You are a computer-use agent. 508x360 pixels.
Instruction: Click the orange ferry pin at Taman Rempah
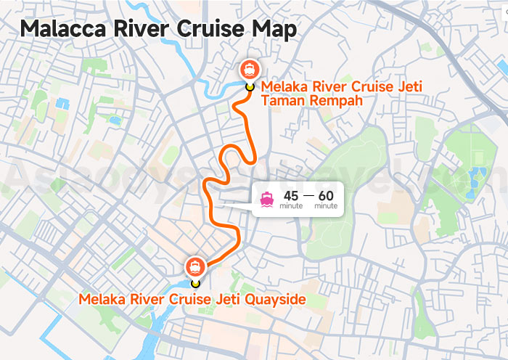(250, 69)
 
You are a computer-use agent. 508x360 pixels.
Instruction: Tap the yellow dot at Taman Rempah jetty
(250, 86)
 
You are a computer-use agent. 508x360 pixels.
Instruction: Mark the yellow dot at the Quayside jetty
(194, 283)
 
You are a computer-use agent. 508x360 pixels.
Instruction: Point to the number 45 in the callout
(291, 195)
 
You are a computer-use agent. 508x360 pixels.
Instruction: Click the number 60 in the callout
(326, 195)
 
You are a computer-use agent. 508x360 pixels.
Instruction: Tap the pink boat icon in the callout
(267, 200)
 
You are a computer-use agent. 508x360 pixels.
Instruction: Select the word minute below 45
(291, 207)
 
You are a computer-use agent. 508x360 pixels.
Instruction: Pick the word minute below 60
(326, 207)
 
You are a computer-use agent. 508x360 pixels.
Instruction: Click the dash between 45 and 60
(308, 195)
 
